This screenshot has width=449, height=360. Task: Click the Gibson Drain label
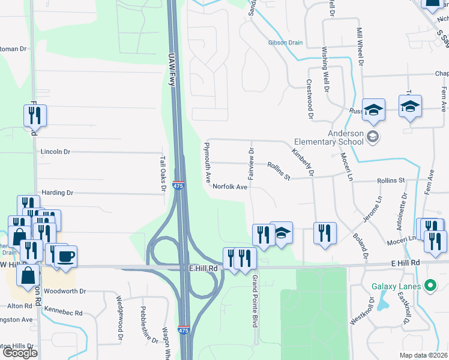286,43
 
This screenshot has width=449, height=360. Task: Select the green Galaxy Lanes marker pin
430,285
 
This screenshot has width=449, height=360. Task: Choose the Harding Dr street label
57,193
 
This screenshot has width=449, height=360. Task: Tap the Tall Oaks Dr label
162,172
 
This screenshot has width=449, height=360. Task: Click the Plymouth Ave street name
207,163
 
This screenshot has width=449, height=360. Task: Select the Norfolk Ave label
229,187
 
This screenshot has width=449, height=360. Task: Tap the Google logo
20,353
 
